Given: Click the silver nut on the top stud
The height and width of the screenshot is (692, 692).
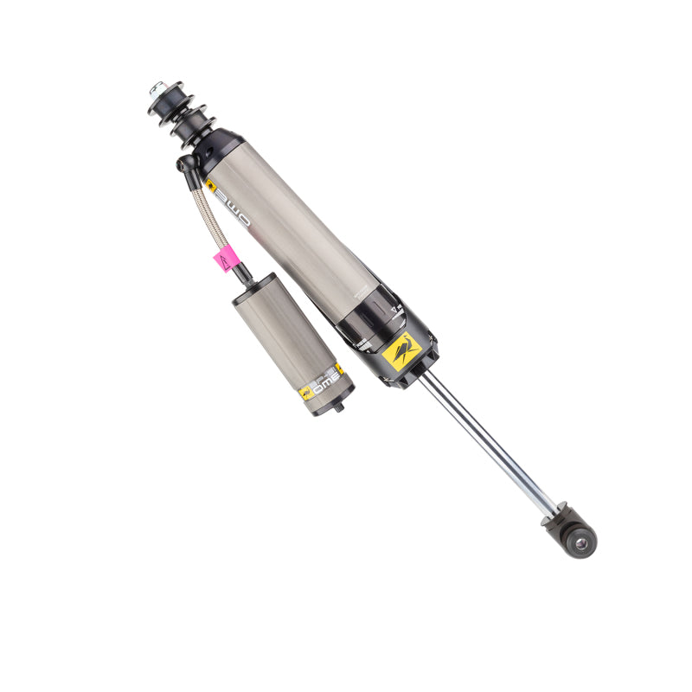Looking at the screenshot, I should [x=157, y=88].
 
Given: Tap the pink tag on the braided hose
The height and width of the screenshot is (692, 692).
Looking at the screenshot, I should [x=225, y=258].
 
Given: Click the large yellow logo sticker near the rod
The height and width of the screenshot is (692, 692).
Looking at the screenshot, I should [x=402, y=352].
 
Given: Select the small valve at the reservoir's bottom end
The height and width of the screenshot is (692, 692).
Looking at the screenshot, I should [x=338, y=405].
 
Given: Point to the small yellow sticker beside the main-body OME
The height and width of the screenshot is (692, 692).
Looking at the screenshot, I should [x=210, y=184].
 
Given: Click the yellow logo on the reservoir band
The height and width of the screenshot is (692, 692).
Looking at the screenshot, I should [x=306, y=392].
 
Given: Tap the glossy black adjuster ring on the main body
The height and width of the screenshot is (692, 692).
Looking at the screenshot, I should [x=370, y=321].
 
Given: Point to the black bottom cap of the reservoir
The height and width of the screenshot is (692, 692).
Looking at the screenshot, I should [x=333, y=400].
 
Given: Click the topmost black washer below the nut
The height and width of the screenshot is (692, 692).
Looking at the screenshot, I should [x=163, y=96].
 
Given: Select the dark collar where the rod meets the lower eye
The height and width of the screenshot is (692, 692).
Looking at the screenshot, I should [x=554, y=518].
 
